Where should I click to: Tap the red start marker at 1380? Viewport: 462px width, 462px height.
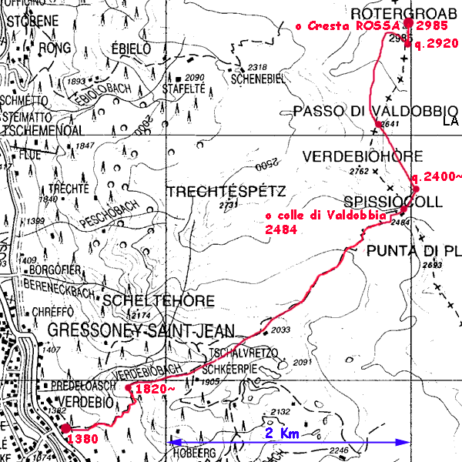click(65, 428)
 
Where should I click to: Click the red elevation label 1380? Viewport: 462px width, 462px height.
click(82, 439)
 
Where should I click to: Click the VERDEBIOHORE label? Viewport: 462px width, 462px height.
click(362, 156)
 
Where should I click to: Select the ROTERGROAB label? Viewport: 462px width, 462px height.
click(393, 13)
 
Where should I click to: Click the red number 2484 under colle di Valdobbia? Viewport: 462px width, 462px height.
click(280, 229)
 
